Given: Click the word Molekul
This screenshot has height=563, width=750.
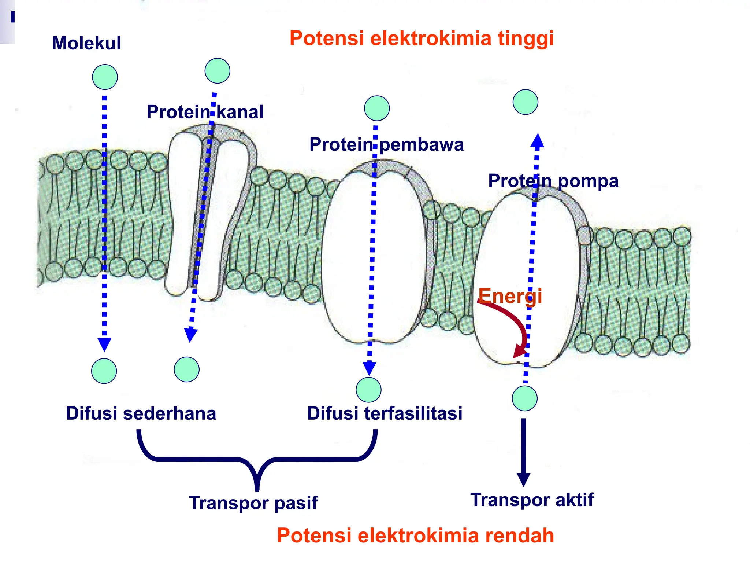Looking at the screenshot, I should point(86,43).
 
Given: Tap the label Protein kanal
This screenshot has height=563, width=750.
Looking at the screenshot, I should point(205,112).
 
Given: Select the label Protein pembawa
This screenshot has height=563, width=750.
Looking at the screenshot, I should point(386,144).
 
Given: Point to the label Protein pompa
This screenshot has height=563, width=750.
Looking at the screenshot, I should point(553,181).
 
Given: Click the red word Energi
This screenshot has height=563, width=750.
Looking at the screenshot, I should point(510,296).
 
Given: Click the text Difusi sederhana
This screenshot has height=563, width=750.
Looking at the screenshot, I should point(141,413).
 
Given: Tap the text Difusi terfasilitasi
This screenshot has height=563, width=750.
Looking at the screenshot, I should point(385,413).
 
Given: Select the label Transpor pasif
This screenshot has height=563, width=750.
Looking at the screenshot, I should point(253,503).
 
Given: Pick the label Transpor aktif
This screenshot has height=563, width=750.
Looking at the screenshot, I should point(532,500).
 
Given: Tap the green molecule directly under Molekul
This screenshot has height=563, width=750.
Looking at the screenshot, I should point(105,77).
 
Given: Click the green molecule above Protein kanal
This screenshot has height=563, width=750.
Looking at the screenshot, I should point(218,71).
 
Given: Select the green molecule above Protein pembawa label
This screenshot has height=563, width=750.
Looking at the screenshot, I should point(377,108).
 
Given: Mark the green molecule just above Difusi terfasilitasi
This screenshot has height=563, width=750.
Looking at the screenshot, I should point(368,389).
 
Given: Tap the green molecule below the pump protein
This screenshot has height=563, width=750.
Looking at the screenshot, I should point(524,398).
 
